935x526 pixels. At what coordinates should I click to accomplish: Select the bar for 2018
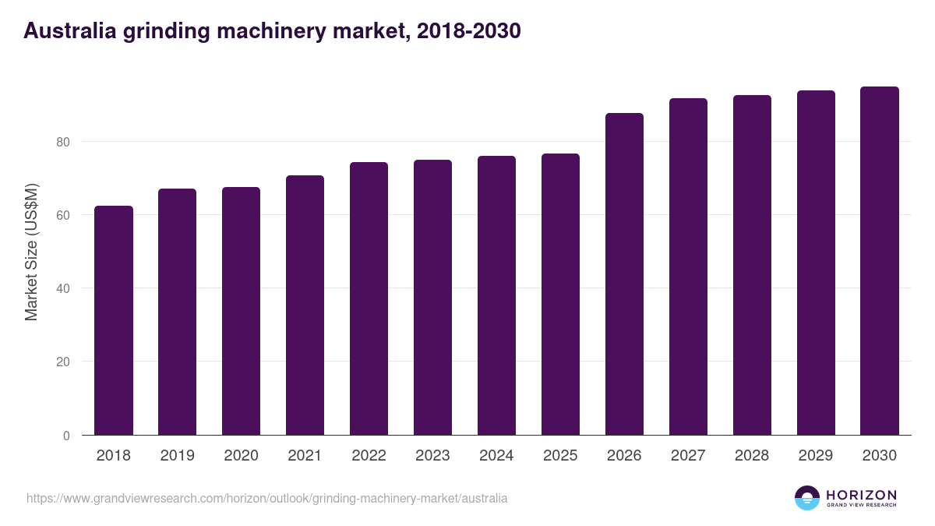(x=114, y=320)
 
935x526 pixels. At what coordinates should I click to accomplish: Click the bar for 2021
(x=305, y=305)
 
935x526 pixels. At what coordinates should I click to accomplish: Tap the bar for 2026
(x=624, y=274)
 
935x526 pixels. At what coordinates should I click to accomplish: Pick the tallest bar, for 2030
(x=880, y=261)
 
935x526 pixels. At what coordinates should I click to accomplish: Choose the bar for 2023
(x=432, y=298)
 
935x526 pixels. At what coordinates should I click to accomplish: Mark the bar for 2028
(x=752, y=265)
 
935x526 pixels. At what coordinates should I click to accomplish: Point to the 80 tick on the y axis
(x=62, y=142)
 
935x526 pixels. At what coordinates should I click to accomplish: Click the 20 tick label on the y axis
(x=62, y=362)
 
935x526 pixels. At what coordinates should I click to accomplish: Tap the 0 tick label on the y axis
(x=66, y=436)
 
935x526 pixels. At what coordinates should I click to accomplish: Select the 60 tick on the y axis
(x=62, y=215)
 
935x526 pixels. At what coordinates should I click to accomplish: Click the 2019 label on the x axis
(x=178, y=456)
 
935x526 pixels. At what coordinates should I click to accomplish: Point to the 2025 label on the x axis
(x=561, y=456)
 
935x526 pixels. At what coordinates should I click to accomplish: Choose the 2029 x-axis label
(x=816, y=456)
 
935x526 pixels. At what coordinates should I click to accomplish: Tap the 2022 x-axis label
(x=369, y=456)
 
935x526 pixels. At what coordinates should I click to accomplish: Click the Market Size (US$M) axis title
(x=31, y=252)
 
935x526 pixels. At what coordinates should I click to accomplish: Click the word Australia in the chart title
(x=69, y=31)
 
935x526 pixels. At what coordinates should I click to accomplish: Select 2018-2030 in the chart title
(x=468, y=31)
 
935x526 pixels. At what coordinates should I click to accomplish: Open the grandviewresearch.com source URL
(x=266, y=498)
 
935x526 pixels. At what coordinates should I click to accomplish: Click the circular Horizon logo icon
(x=807, y=498)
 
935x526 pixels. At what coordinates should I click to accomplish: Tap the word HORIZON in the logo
(x=861, y=495)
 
